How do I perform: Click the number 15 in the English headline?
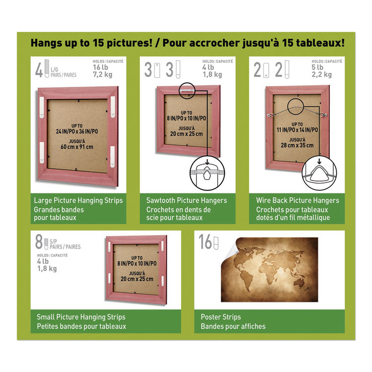click(98, 43)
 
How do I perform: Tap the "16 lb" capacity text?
click(100, 67)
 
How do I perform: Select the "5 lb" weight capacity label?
click(317, 67)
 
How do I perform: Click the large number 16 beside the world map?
click(205, 242)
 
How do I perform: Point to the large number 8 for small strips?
click(39, 242)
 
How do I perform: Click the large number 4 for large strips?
click(39, 70)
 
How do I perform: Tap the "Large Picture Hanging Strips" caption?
click(78, 200)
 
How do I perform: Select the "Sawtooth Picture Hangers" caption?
click(186, 200)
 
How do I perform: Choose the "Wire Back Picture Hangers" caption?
click(298, 200)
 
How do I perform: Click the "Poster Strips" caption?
click(221, 317)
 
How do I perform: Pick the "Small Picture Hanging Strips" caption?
click(81, 317)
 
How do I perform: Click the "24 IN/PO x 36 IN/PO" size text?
click(77, 131)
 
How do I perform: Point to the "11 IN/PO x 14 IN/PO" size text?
click(297, 130)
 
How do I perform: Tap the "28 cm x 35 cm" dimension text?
click(297, 145)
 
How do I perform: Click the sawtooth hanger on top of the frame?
click(186, 90)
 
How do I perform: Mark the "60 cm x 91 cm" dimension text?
click(77, 147)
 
